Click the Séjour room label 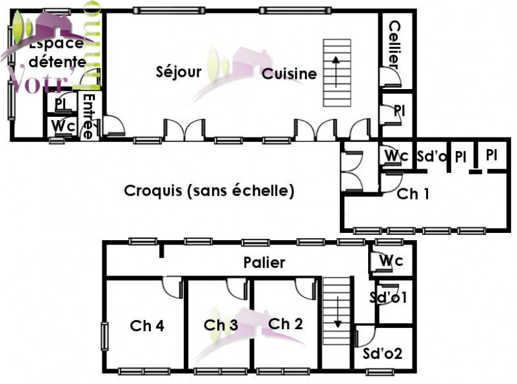coord(179,72)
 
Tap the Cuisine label coord(289,74)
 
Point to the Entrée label coord(88,116)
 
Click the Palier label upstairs coord(264,263)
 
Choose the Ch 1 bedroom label coord(413,194)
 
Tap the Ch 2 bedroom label coord(285,324)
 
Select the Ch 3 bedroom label coord(220,326)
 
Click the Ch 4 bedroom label coord(147,326)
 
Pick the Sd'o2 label coord(383,354)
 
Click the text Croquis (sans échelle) coord(209,191)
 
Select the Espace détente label coord(57,53)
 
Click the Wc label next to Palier coord(391,261)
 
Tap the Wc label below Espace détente coord(63,126)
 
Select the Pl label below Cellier coord(399,111)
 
